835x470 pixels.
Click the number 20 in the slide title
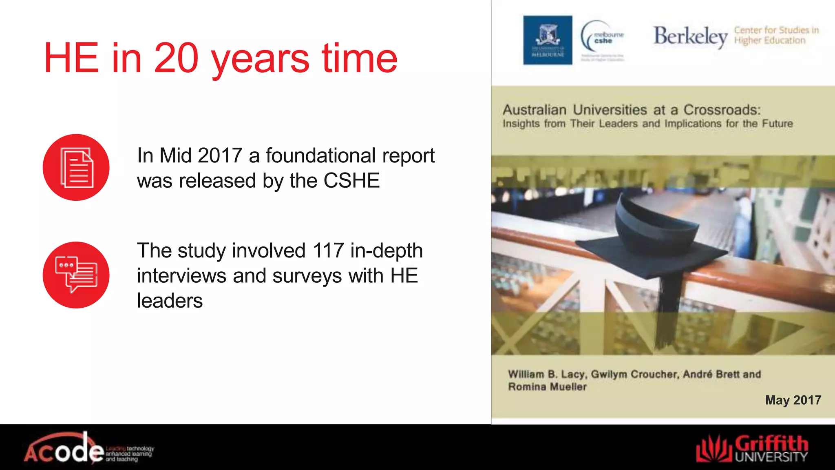point(176,58)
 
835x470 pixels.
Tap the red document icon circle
point(76,167)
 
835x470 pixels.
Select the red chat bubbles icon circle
point(76,275)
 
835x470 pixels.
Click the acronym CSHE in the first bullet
point(351,181)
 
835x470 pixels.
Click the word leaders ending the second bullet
point(170,301)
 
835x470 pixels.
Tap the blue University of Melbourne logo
point(548,40)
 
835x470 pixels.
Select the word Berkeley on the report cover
point(690,37)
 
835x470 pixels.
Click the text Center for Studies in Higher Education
point(776,35)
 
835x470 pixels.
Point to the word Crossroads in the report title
point(722,110)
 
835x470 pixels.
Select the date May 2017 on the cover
point(793,400)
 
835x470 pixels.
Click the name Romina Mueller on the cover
point(547,387)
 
